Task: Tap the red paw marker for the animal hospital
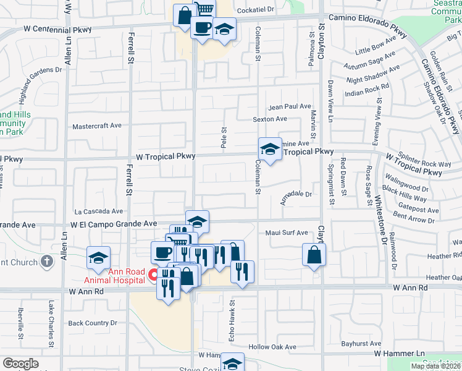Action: (153, 273)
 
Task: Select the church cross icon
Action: (46, 262)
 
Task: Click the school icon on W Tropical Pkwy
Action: (269, 149)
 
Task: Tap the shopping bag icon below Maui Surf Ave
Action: (314, 254)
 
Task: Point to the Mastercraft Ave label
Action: (97, 126)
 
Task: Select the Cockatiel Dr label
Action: (256, 10)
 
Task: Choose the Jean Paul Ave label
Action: (289, 106)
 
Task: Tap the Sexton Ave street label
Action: (270, 119)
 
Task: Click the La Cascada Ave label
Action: (98, 211)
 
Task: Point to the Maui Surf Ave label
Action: (287, 232)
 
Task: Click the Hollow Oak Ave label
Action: (272, 347)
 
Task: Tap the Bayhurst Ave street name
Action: (361, 343)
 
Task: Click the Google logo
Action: (20, 364)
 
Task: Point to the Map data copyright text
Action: (435, 366)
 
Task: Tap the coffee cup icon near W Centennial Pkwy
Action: (202, 27)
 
